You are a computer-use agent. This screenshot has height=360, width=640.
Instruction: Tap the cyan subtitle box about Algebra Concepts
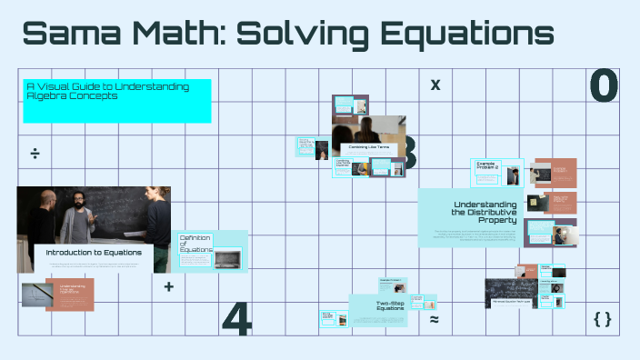117,100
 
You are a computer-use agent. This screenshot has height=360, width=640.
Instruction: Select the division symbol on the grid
35,153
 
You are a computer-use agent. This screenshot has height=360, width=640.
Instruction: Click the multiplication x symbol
435,85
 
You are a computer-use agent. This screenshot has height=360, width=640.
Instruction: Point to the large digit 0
604,85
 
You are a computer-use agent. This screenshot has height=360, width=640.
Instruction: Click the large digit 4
236,318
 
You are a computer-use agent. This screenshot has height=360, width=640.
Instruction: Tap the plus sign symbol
168,286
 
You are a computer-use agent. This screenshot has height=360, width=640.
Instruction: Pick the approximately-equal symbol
435,320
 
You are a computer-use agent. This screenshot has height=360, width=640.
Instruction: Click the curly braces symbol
602,319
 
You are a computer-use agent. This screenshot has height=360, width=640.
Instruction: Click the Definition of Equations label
195,244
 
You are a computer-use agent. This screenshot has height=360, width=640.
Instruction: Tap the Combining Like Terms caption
367,146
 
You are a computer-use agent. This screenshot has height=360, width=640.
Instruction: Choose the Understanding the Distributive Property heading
485,213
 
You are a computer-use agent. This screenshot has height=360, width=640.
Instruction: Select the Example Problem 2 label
489,166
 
